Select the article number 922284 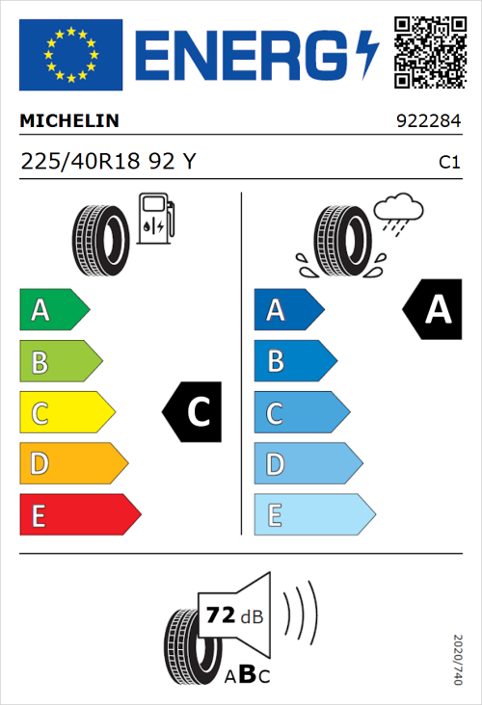click(429, 122)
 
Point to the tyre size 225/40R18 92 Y click(108, 162)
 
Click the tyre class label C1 click(449, 163)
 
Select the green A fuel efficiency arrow click(54, 309)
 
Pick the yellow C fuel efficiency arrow click(67, 412)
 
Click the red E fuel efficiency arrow click(80, 515)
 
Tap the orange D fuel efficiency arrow click(73, 464)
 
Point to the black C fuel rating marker click(194, 412)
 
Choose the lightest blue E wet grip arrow click(314, 515)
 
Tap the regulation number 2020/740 click(458, 659)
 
